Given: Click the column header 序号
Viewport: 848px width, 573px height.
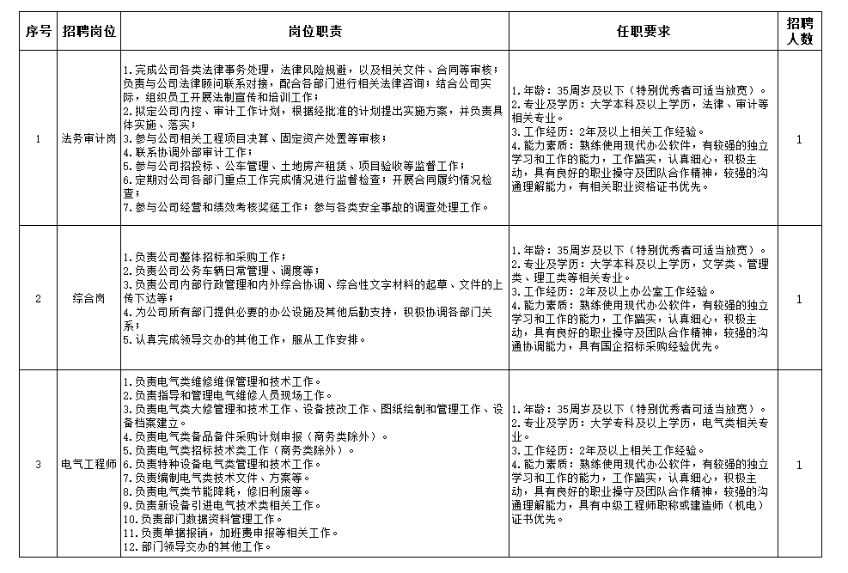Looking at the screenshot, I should click(x=37, y=32).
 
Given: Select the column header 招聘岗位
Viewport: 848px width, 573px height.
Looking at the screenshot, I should click(x=90, y=32).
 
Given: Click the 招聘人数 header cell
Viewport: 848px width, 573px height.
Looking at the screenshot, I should click(x=800, y=32).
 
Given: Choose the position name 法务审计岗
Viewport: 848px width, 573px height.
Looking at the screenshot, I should click(x=90, y=138).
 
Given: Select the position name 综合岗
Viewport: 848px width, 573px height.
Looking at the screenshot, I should click(x=90, y=298).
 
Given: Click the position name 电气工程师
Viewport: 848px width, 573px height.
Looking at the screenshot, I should click(x=90, y=465).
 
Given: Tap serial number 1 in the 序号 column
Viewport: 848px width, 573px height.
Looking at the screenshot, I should click(x=37, y=138).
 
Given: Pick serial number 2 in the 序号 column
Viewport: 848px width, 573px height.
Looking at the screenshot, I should click(x=37, y=298).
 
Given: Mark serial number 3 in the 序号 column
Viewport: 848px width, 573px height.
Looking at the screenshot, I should click(x=37, y=465).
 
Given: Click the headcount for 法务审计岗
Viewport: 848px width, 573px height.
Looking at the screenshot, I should click(x=800, y=138).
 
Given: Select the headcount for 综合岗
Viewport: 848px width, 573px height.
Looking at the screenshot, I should click(x=800, y=298).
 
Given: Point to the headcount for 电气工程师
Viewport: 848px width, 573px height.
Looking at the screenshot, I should click(x=800, y=465).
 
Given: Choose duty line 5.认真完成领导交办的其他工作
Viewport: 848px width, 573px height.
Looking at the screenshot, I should click(x=244, y=339).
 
